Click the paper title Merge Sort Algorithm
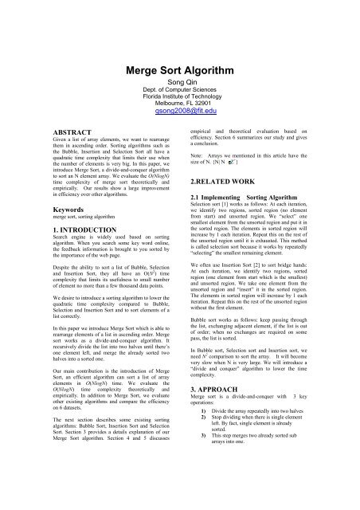(x=179, y=69)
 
